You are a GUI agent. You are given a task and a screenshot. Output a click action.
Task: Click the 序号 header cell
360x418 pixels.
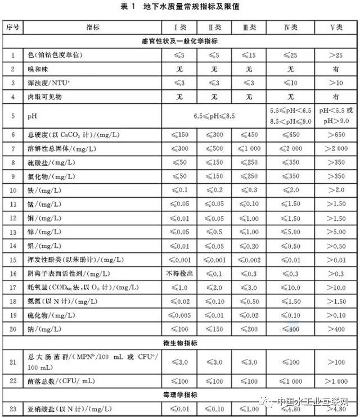tap(13, 26)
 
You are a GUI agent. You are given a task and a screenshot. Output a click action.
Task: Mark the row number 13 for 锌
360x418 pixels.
tap(13, 230)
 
